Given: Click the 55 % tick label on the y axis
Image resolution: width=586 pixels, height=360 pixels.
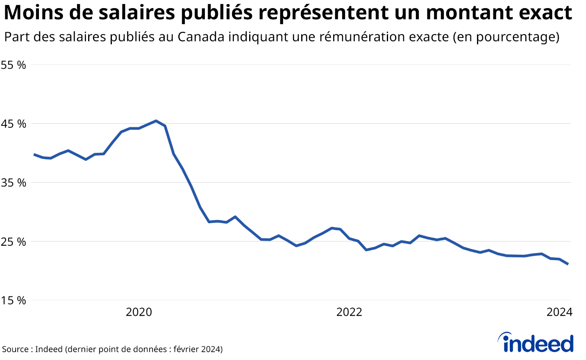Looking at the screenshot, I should [x=14, y=65].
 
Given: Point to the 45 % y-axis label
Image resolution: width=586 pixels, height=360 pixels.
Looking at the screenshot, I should [x=14, y=124].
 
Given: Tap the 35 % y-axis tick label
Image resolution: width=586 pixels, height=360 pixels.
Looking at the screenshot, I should [x=14, y=183].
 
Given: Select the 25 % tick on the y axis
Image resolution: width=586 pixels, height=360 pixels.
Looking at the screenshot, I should [x=14, y=242].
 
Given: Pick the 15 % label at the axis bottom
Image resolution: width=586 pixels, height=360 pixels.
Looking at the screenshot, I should [x=14, y=301].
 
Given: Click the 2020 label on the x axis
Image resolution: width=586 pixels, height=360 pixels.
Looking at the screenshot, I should [x=139, y=312].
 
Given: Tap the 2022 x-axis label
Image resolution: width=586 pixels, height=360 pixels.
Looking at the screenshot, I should [x=349, y=312].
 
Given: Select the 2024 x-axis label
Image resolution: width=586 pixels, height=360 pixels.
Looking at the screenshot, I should [x=559, y=312].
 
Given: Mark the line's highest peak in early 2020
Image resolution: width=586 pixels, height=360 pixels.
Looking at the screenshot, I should [x=156, y=121].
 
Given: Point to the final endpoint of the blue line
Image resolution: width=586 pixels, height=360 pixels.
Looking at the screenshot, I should [x=568, y=264].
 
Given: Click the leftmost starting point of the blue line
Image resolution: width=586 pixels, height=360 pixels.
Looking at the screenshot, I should [x=34, y=154].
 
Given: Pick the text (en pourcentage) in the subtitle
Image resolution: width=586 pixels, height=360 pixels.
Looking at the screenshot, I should [x=506, y=37].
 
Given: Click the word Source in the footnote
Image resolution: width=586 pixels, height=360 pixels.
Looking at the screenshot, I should [x=15, y=349].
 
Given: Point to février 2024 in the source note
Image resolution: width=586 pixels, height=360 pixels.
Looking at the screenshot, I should [x=197, y=349].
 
